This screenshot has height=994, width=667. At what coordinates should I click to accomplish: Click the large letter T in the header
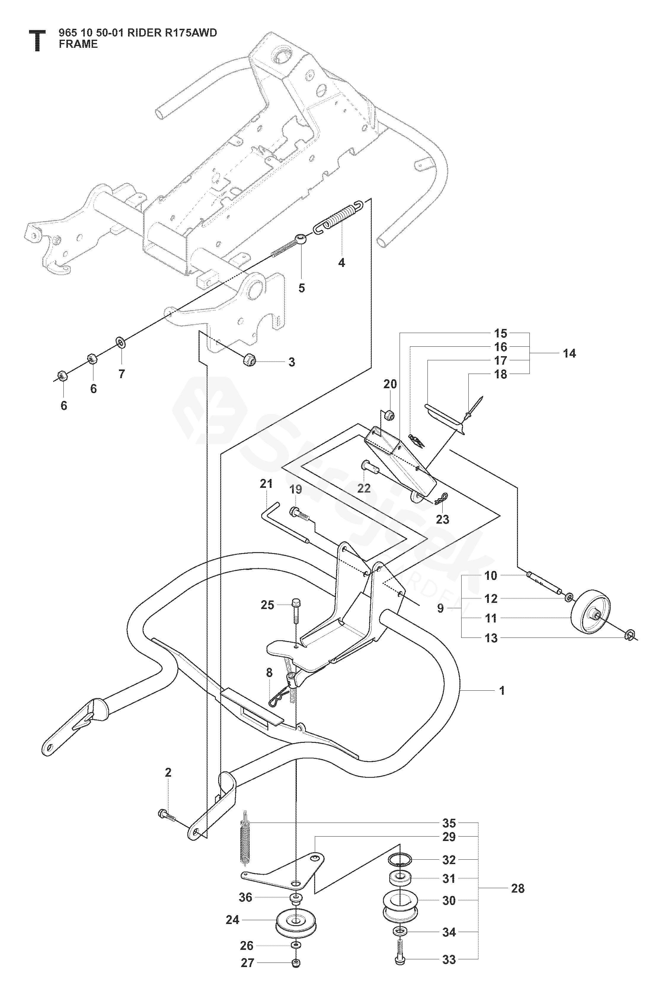(x=37, y=40)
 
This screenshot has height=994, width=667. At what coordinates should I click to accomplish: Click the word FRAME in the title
(x=78, y=44)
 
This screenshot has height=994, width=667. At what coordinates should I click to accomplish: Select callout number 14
(x=569, y=353)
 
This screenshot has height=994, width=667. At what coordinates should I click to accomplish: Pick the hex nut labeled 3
(x=249, y=360)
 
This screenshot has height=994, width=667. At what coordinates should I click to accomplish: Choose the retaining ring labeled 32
(x=400, y=859)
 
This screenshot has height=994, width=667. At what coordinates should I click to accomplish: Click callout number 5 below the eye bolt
(x=301, y=288)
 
